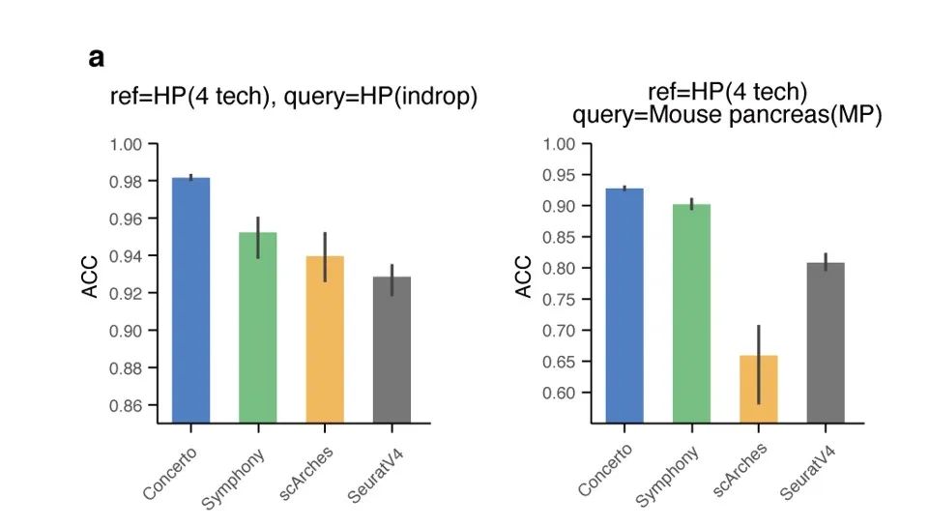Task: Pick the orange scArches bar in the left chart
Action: click(325, 338)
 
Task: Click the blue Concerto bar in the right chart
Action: click(624, 305)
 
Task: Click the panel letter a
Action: click(96, 58)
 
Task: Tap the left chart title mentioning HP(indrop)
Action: click(293, 98)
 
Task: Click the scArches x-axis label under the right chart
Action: click(740, 469)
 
